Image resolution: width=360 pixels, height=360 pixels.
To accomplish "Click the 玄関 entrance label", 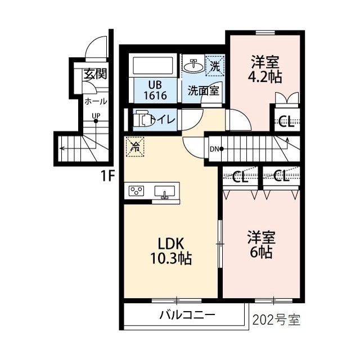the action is pyautogui.click(x=95, y=74).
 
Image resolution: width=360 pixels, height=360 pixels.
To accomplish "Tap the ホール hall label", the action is pyautogui.click(x=96, y=101).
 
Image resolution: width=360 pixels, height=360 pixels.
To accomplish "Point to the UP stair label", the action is pyautogui.click(x=96, y=116).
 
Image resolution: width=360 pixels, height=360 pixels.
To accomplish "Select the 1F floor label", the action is pyautogui.click(x=107, y=176).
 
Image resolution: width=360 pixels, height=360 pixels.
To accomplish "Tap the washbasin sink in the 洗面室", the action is pyautogui.click(x=193, y=66).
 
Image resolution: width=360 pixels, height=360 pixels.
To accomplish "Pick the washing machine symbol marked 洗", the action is pyautogui.click(x=215, y=65).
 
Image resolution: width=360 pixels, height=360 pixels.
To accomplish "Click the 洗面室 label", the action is pyautogui.click(x=204, y=91).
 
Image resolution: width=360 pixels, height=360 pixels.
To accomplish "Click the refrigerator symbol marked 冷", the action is pyautogui.click(x=135, y=147).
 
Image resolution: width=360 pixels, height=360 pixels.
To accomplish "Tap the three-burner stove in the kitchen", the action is pyautogui.click(x=136, y=191).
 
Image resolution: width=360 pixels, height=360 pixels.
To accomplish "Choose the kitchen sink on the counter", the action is pyautogui.click(x=165, y=192).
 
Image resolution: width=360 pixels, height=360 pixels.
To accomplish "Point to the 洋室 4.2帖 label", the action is pyautogui.click(x=265, y=69).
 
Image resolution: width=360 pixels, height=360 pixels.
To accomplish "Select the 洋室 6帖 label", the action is pyautogui.click(x=262, y=245).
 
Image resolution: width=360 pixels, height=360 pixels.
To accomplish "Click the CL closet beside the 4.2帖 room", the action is pyautogui.click(x=287, y=121).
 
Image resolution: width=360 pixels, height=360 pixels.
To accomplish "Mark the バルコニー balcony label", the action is pyautogui.click(x=187, y=314).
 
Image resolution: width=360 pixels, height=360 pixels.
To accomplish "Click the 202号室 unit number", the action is pyautogui.click(x=276, y=319).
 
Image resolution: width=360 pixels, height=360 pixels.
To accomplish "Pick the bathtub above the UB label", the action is pyautogui.click(x=152, y=65).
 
